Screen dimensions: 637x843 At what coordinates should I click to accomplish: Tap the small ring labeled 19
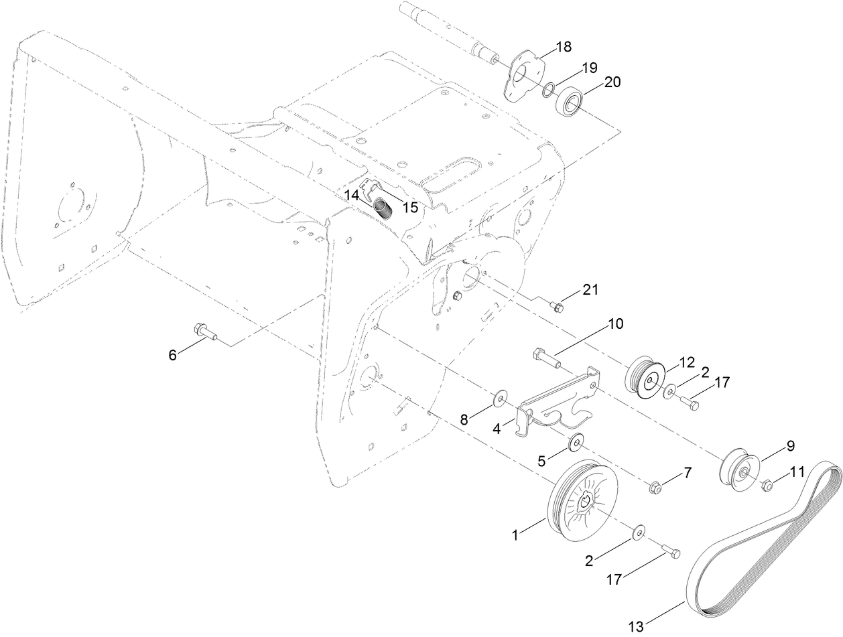[x=549, y=89]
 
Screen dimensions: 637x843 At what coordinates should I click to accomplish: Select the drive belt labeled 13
[x=764, y=536]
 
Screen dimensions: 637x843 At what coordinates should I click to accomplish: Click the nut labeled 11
[x=769, y=484]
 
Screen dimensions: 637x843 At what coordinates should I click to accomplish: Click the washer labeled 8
[x=500, y=400]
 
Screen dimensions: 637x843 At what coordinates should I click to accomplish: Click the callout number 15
[x=410, y=208]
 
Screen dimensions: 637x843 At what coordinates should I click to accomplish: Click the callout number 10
[x=615, y=324]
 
